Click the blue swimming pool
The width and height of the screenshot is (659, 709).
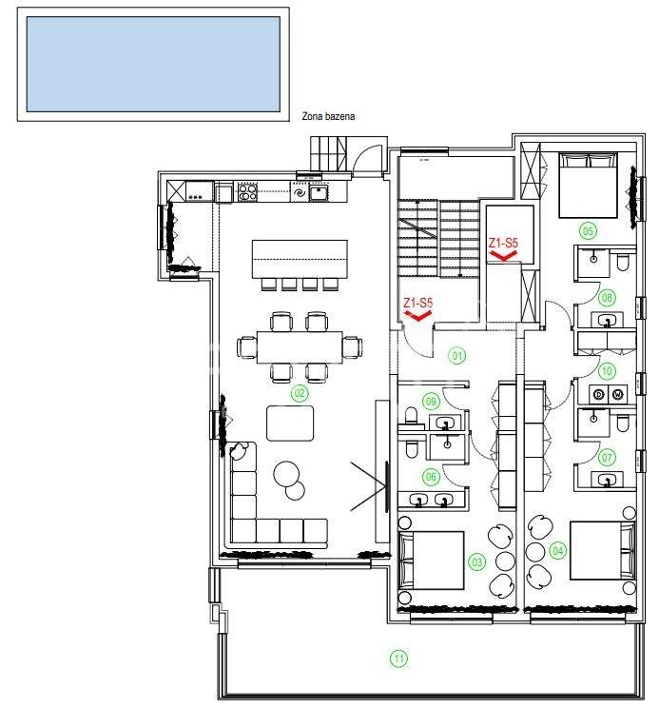[153, 64]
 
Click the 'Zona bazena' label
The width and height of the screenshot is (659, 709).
[328, 117]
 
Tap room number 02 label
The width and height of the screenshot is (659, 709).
[300, 393]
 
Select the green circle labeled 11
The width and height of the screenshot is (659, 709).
[398, 659]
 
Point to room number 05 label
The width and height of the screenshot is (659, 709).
[587, 231]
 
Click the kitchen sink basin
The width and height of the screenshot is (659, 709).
[319, 192]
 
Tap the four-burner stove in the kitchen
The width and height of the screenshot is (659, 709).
[247, 192]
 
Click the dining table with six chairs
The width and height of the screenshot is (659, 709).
[299, 347]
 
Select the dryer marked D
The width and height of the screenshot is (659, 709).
[598, 394]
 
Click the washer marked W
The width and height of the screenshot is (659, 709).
[617, 394]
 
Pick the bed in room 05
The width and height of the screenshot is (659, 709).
[588, 186]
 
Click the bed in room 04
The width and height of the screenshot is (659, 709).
[603, 550]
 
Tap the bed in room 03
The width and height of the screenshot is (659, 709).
[431, 561]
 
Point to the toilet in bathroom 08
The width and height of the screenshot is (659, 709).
[622, 264]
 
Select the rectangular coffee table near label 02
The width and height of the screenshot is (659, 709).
[290, 423]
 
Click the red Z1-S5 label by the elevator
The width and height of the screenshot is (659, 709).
[503, 244]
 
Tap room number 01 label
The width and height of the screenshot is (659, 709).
[457, 355]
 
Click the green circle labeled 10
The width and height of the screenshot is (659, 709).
[607, 371]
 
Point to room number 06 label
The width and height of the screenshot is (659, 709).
[431, 476]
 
